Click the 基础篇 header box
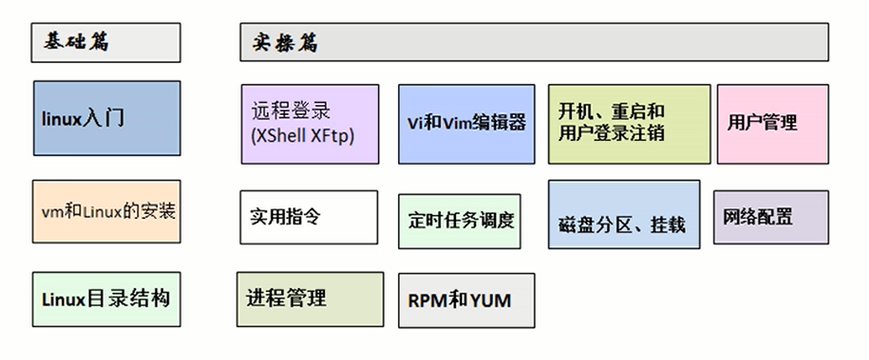[x=106, y=43]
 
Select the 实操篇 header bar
[x=534, y=43]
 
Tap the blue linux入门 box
[x=107, y=118]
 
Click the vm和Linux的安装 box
[x=107, y=211]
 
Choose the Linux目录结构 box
[x=107, y=299]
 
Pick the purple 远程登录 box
[x=309, y=123]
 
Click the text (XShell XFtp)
[x=302, y=135]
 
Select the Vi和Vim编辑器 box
[x=466, y=123]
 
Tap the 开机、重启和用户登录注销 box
[x=629, y=123]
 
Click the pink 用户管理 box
[x=772, y=123]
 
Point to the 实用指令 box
[x=309, y=217]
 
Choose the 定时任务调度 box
[x=459, y=222]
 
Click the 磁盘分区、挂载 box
[x=624, y=215]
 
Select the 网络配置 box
[x=771, y=217]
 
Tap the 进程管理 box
[x=310, y=299]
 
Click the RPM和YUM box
[x=466, y=300]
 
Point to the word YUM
[x=490, y=300]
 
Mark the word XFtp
[x=333, y=135]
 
